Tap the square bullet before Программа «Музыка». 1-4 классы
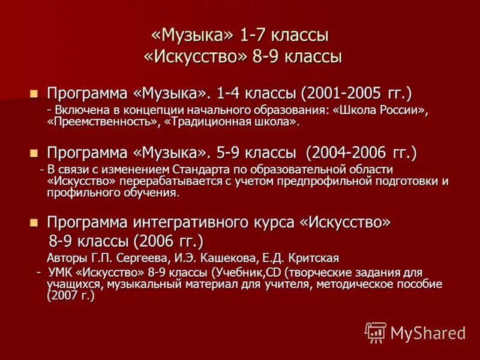click(x=34, y=94)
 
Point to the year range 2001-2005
click(x=341, y=94)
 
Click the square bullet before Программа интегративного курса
click(x=34, y=223)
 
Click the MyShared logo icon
click(x=376, y=332)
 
